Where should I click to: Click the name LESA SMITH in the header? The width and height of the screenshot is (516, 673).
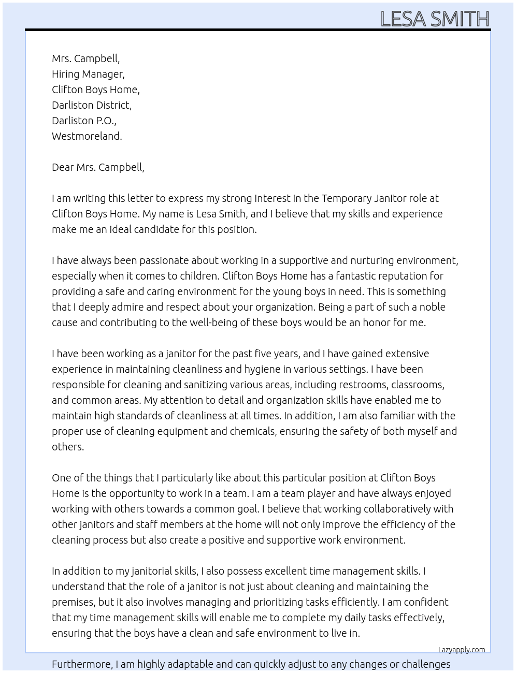(435, 19)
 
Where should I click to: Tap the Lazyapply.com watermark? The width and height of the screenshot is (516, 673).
(462, 650)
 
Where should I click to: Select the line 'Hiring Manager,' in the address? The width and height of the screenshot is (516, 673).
(88, 74)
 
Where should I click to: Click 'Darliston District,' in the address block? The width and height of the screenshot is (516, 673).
(92, 105)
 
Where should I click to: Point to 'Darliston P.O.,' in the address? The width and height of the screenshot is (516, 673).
(84, 121)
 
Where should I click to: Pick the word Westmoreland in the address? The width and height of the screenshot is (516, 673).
(87, 136)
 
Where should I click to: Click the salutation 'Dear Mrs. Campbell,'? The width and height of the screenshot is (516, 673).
(98, 167)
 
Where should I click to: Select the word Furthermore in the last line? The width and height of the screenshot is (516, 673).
(82, 664)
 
